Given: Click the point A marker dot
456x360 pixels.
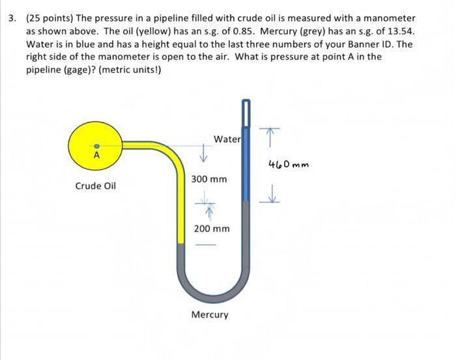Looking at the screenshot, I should coord(96,146).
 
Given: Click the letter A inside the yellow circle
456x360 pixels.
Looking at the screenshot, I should coord(96,156).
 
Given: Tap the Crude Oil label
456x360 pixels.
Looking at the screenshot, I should coord(95,186).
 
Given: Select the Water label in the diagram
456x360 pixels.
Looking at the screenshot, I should coord(227,139).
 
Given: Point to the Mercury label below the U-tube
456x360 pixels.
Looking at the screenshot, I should coord(210,315).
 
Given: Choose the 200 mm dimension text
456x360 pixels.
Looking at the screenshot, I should coord(212,228).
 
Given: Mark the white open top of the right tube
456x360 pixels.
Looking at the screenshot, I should coord(246,114).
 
